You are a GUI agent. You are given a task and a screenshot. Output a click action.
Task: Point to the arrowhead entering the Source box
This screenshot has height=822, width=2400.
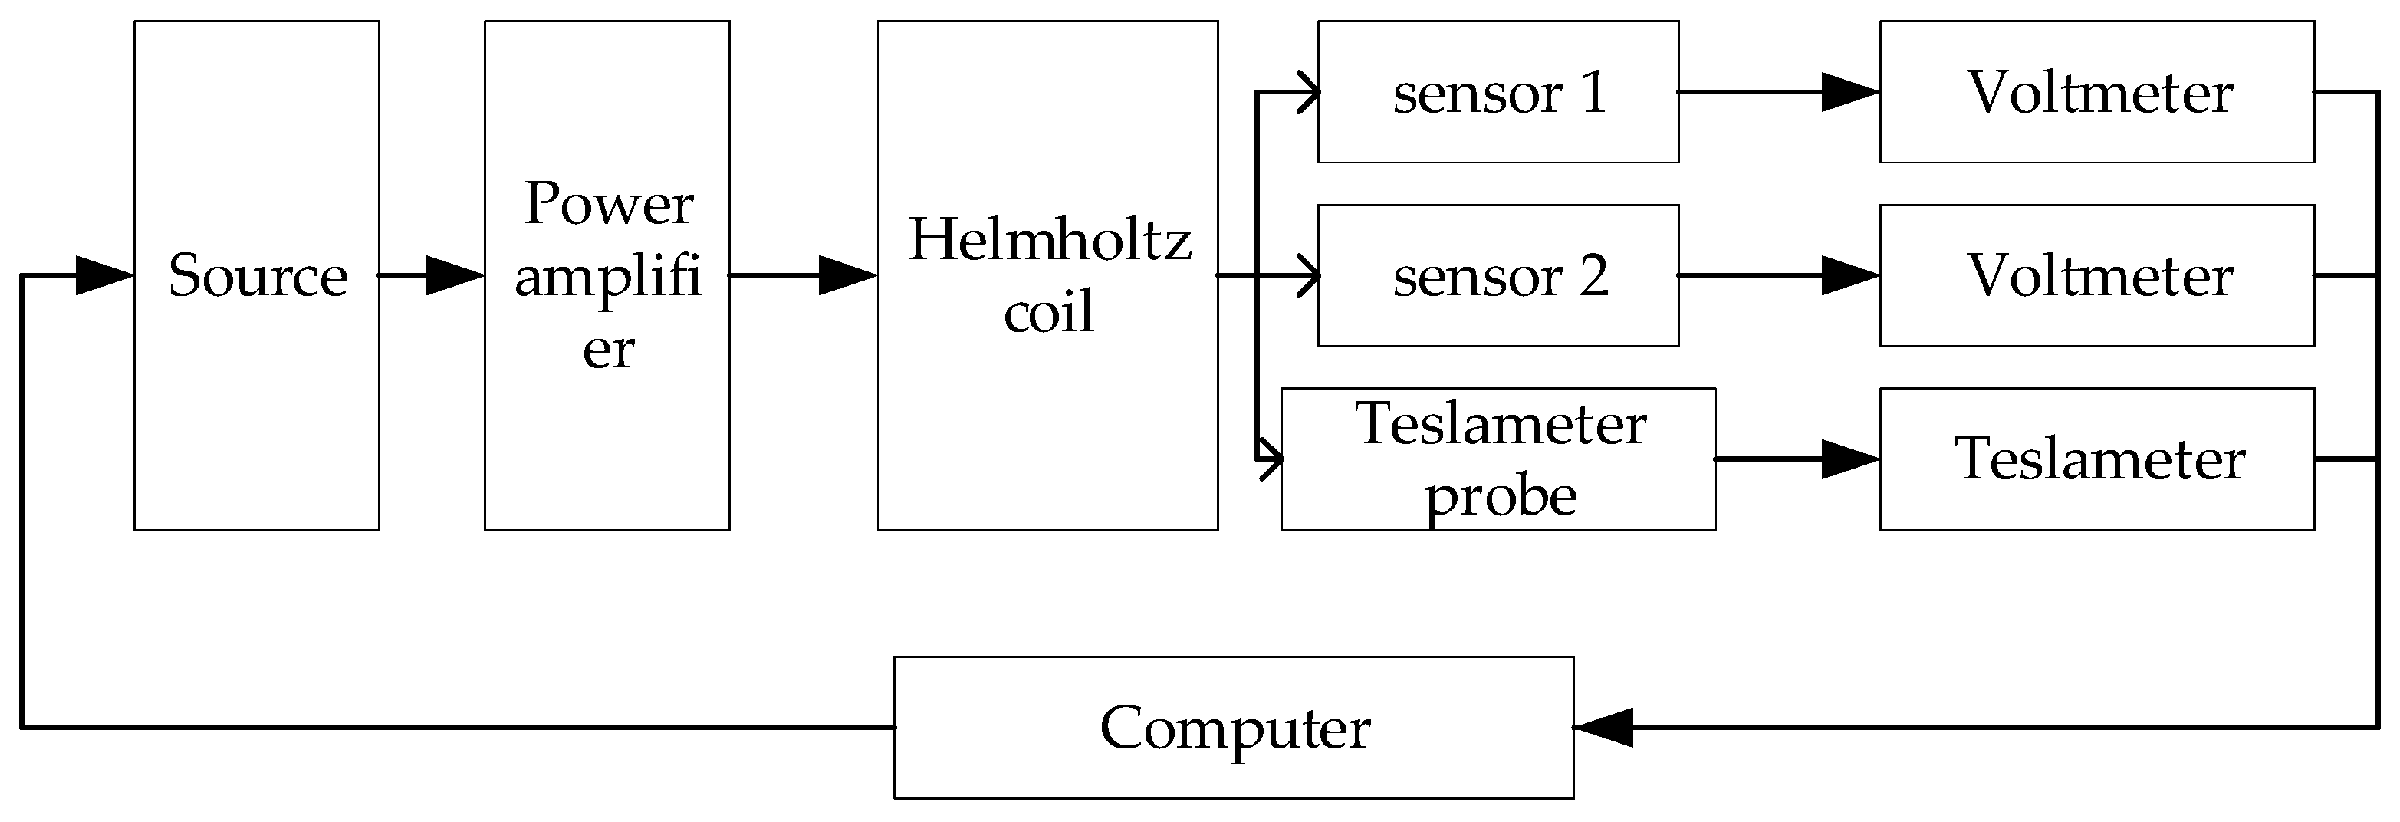103,276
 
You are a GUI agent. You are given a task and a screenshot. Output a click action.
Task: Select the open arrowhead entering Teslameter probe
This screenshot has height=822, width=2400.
1273,459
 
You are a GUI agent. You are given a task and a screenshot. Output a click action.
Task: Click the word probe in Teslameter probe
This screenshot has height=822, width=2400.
1500,496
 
